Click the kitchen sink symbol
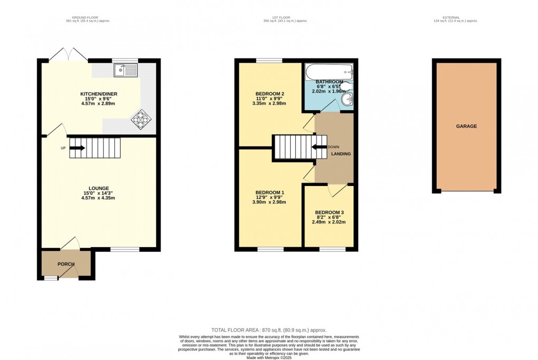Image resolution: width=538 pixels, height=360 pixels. (126, 69)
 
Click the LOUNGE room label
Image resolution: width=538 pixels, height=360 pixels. (99, 188)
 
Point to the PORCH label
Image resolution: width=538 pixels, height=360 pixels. (66, 264)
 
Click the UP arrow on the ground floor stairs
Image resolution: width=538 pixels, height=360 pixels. (77, 148)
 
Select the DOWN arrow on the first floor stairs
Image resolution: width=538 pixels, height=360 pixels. (319, 147)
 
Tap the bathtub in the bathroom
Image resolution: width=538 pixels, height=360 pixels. (329, 71)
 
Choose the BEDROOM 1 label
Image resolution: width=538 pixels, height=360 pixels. (270, 192)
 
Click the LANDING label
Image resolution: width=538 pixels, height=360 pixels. (341, 154)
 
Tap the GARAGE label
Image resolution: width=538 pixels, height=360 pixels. (466, 127)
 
